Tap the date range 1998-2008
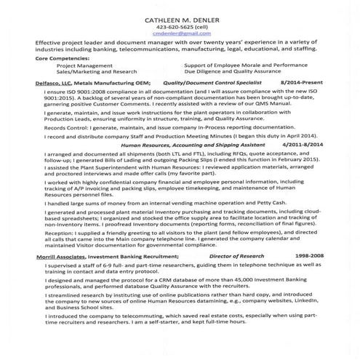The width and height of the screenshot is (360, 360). click(x=309, y=257)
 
